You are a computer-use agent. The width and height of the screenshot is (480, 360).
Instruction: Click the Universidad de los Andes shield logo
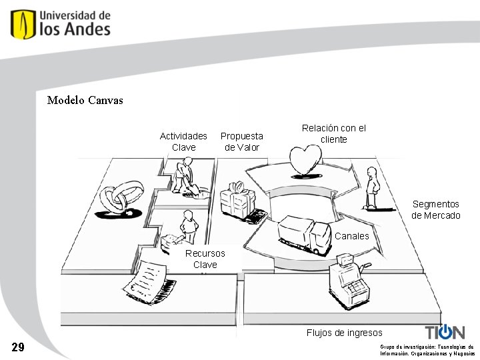pos(23,24)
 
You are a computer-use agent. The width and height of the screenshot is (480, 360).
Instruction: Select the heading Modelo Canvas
pos(85,101)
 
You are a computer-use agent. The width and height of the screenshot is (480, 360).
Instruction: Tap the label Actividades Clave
pos(183,141)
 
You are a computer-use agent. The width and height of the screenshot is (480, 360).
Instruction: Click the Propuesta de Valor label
pos(241,141)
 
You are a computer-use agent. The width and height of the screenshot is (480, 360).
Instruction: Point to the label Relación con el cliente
pos(333,133)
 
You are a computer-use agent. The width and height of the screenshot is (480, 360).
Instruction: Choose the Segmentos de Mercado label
pos(435,209)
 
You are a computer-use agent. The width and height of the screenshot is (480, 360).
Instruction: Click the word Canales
pos(351,236)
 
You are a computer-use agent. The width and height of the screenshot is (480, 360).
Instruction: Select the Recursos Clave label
pos(205,259)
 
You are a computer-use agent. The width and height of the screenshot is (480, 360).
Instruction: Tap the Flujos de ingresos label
pos(344,333)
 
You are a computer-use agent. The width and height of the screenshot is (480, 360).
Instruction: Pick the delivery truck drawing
pos(303,235)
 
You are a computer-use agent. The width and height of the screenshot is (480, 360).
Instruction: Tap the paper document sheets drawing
pos(147,280)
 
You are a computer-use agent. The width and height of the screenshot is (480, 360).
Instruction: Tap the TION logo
pos(445,332)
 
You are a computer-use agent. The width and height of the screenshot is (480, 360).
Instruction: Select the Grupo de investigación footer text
pos(427,350)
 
